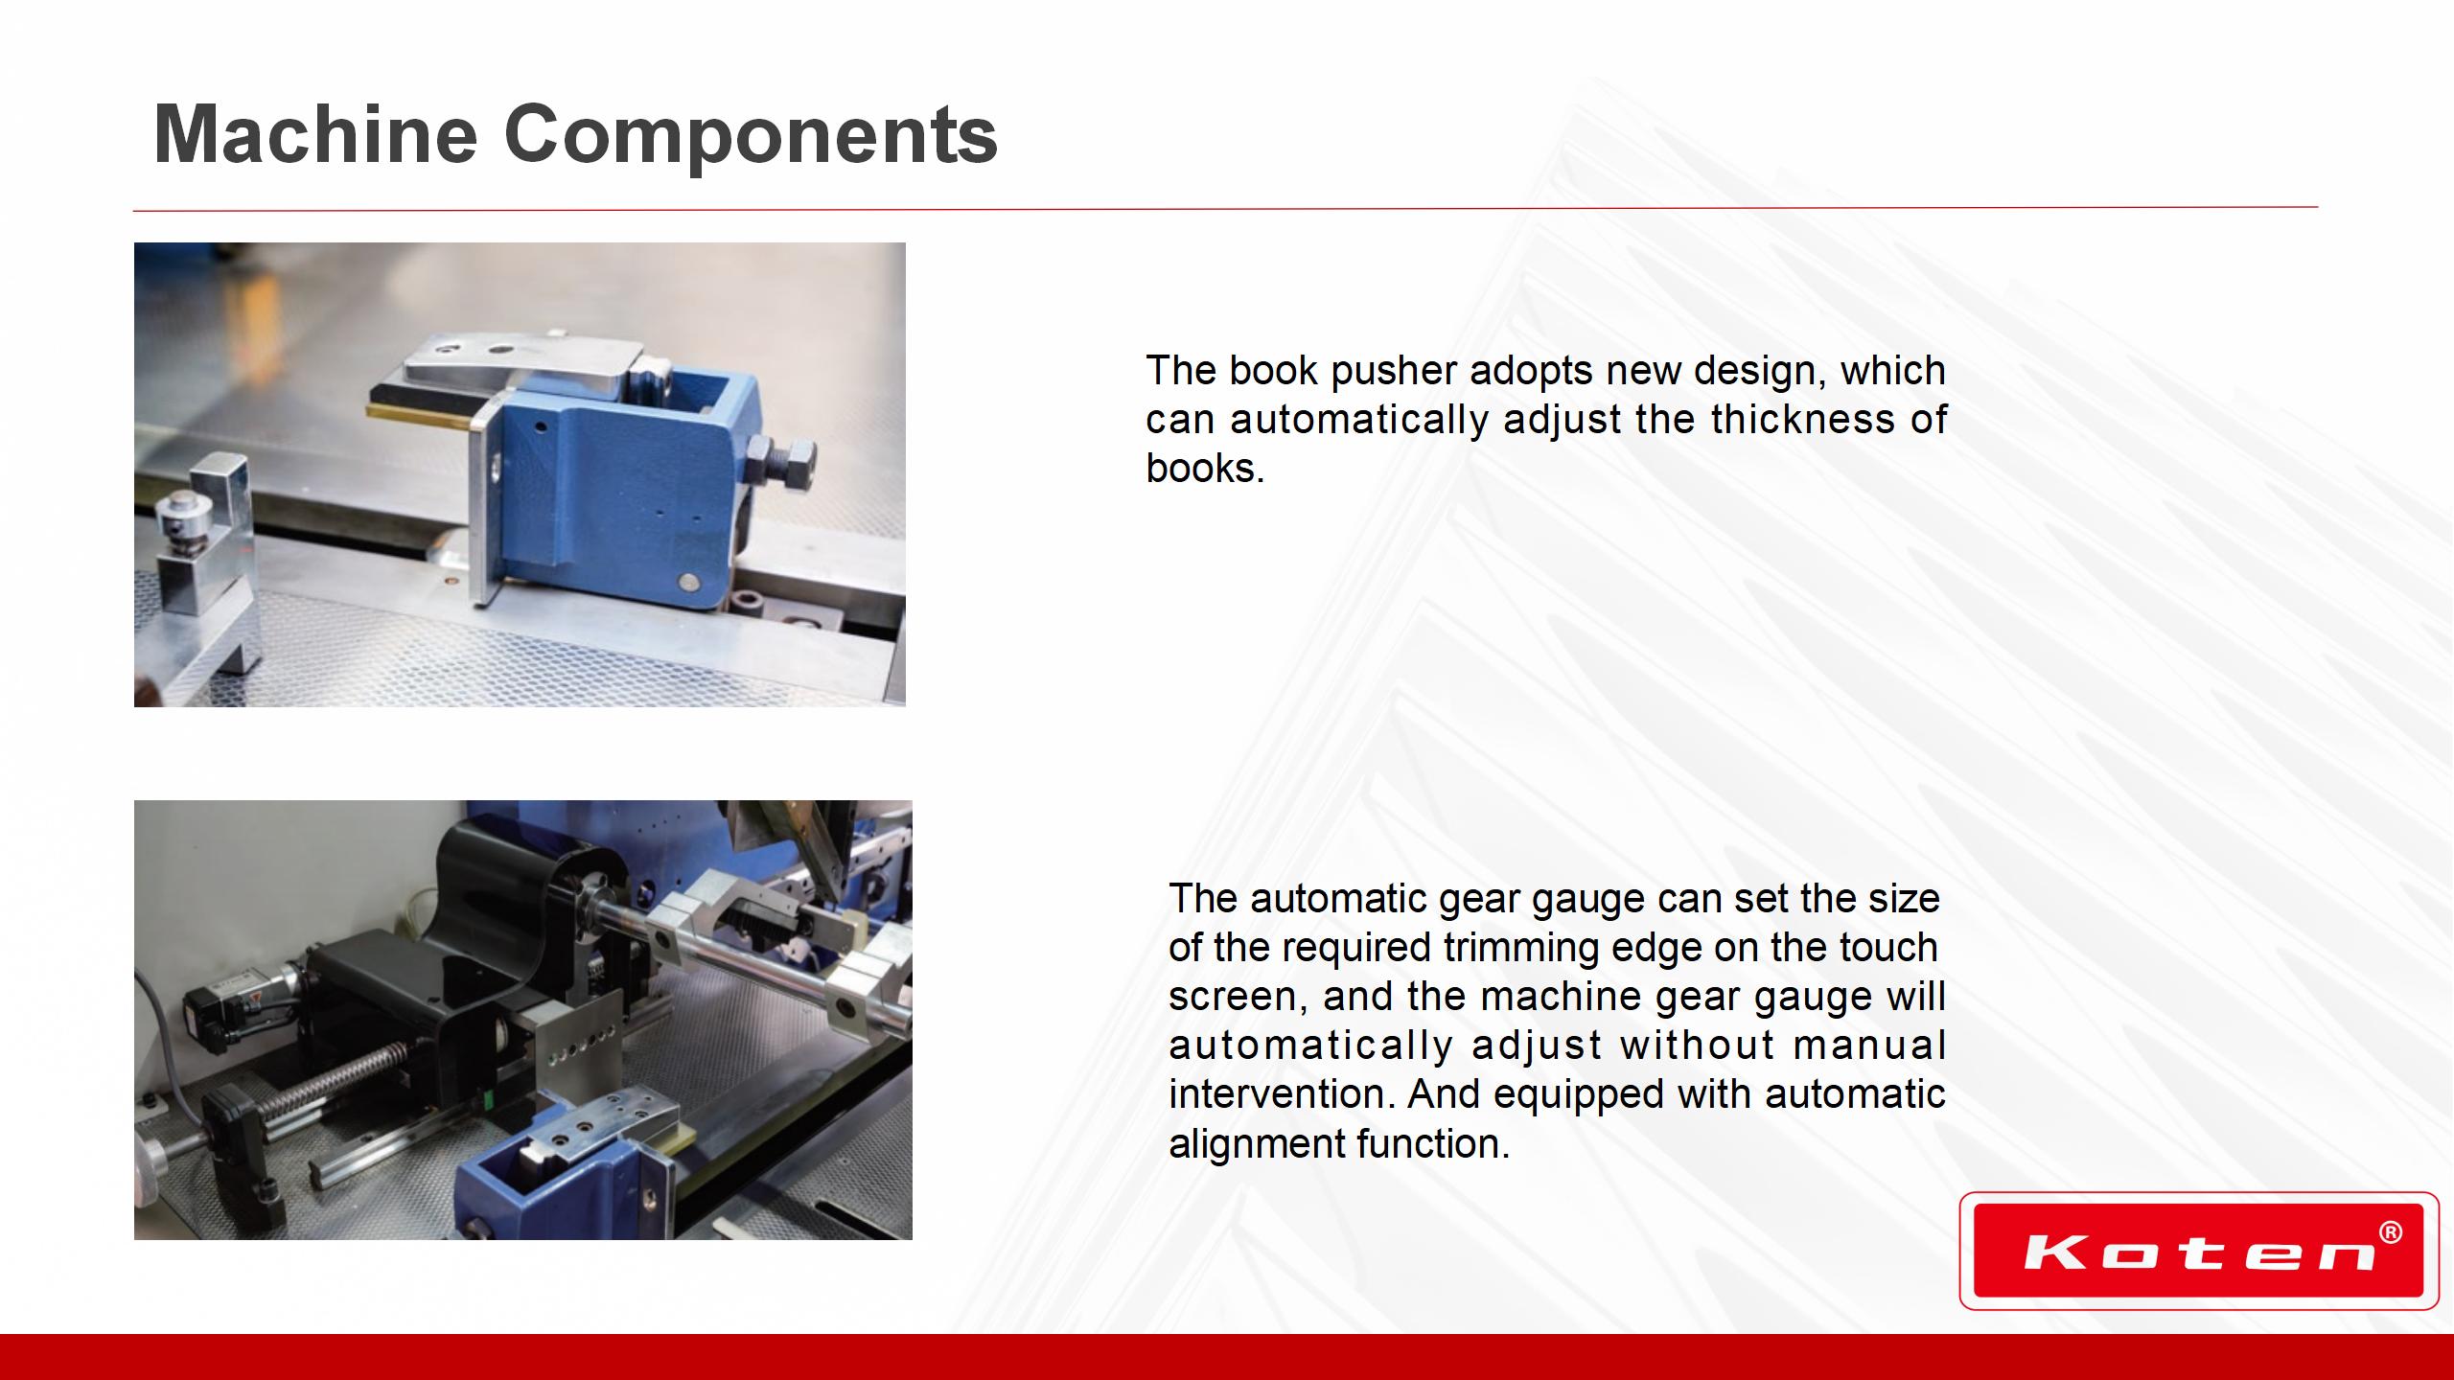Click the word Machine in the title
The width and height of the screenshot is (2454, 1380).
coord(315,134)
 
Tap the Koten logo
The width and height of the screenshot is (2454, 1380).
coord(2199,1251)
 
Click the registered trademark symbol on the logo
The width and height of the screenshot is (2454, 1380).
coord(2391,1233)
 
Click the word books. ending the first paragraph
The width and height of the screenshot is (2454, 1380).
coord(1205,469)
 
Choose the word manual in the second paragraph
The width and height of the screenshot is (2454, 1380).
coord(1869,1045)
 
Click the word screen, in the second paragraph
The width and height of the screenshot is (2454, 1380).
coord(1236,998)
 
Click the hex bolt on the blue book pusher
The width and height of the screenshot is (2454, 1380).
coord(784,457)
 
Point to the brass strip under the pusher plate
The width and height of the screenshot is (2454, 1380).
coord(422,413)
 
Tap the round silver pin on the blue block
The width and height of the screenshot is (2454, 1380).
coord(687,581)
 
